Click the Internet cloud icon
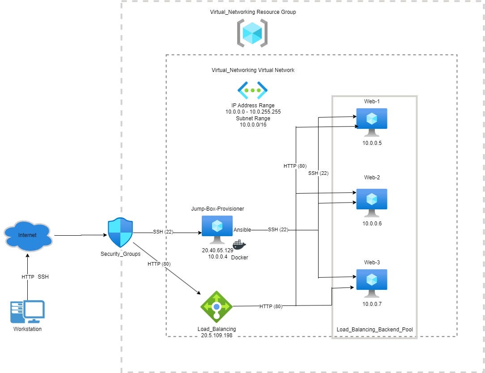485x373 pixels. (28, 236)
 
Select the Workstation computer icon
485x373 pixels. (27, 312)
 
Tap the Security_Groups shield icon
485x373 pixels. (120, 233)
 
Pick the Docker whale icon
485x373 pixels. (239, 246)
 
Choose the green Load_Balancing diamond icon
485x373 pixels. (217, 306)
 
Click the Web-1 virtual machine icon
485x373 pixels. (371, 122)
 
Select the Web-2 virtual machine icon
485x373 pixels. (371, 202)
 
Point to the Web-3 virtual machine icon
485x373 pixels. (371, 283)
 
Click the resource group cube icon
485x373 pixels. (252, 33)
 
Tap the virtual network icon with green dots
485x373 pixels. (252, 90)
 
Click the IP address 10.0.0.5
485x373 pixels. (372, 143)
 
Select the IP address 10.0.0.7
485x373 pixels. (372, 304)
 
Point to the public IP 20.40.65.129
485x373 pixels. (217, 250)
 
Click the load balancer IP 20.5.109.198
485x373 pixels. (217, 335)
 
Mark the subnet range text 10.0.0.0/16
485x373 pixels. (253, 125)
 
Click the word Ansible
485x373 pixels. (242, 229)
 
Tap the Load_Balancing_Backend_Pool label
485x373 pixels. (374, 330)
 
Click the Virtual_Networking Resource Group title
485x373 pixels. (253, 12)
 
